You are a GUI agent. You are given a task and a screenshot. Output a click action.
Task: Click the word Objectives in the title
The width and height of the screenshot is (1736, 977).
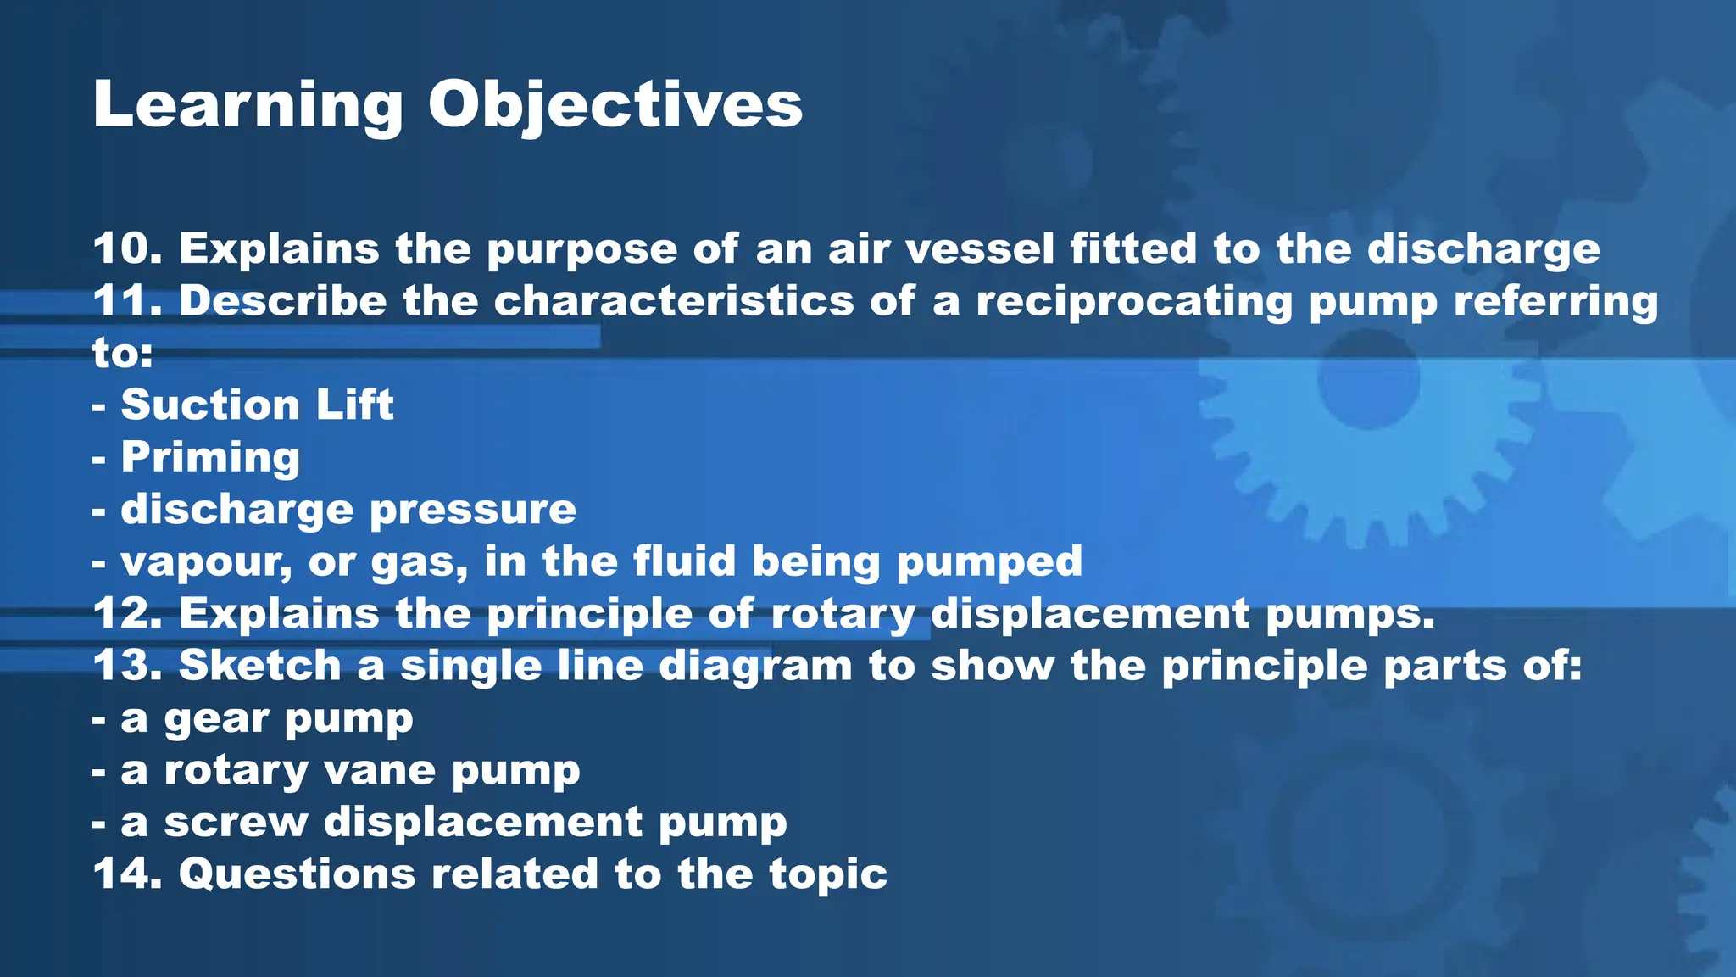[615, 106]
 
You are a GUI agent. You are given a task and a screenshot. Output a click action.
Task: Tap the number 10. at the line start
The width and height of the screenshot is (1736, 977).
[128, 248]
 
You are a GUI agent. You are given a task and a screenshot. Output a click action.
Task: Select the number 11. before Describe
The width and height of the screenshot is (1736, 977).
[128, 301]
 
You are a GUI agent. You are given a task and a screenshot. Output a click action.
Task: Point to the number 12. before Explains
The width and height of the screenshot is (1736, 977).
[128, 613]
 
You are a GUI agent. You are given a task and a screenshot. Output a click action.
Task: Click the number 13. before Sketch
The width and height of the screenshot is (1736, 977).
[128, 666]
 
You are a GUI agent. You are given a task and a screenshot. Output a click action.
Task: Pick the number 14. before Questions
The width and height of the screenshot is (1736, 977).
[128, 874]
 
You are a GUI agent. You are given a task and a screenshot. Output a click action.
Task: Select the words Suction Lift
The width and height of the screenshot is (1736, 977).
[257, 405]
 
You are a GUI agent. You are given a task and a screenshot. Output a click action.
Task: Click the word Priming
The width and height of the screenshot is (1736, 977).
[210, 457]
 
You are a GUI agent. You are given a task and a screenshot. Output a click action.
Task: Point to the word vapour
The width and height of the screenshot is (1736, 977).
[206, 562]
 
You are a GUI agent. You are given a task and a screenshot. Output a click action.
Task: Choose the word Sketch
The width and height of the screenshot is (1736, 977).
[259, 666]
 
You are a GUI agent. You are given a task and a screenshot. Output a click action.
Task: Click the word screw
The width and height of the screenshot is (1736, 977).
[236, 823]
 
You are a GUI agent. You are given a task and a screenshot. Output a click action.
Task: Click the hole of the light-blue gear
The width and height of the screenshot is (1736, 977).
[1368, 379]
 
